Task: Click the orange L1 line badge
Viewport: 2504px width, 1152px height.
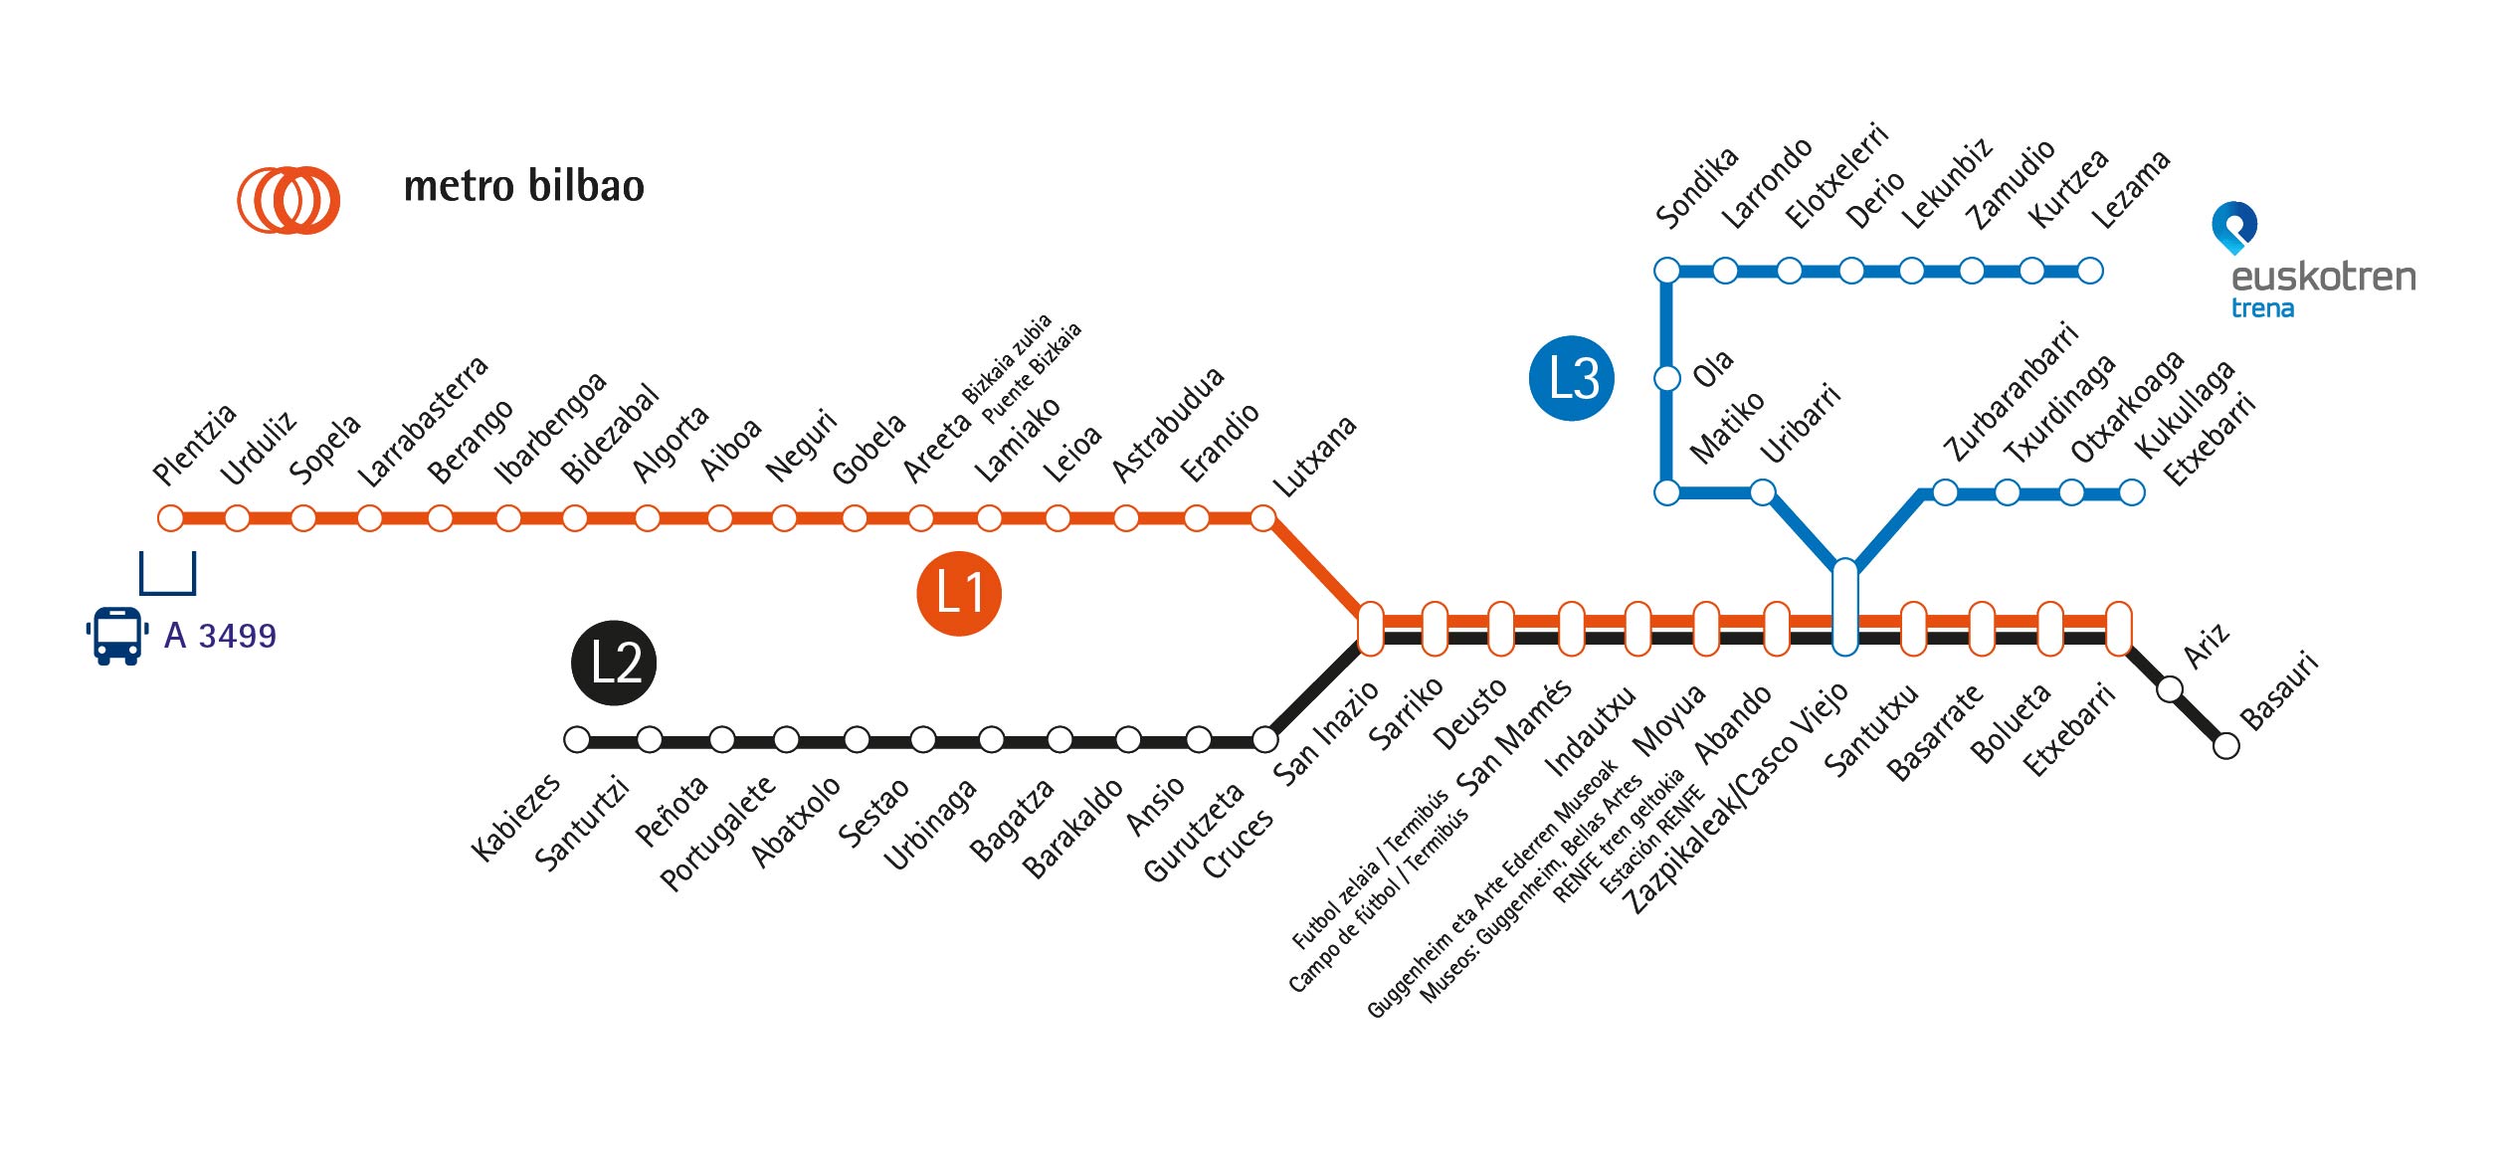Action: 958,593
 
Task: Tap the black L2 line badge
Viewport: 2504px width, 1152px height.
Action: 614,664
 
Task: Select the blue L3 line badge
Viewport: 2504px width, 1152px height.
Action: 1572,378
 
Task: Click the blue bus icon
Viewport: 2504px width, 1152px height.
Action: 117,636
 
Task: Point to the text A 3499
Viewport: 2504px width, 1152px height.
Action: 220,636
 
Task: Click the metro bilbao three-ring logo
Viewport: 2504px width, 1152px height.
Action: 289,200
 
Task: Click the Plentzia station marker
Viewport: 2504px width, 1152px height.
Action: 171,518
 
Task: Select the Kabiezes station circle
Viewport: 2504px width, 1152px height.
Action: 577,740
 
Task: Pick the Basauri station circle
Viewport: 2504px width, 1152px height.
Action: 2226,745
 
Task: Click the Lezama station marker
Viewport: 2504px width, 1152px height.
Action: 2091,271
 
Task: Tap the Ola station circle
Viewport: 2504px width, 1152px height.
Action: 1667,379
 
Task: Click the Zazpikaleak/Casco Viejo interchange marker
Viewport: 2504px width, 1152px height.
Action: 1844,607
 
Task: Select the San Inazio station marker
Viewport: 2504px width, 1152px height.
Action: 1370,629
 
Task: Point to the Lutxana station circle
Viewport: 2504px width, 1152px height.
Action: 1263,518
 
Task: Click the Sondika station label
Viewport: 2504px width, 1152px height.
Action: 1696,187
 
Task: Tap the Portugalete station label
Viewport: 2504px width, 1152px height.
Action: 717,833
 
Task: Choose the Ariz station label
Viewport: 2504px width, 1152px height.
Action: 2206,648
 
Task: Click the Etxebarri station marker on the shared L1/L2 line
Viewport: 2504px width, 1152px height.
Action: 2119,629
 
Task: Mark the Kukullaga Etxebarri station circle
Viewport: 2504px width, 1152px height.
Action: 2132,492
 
